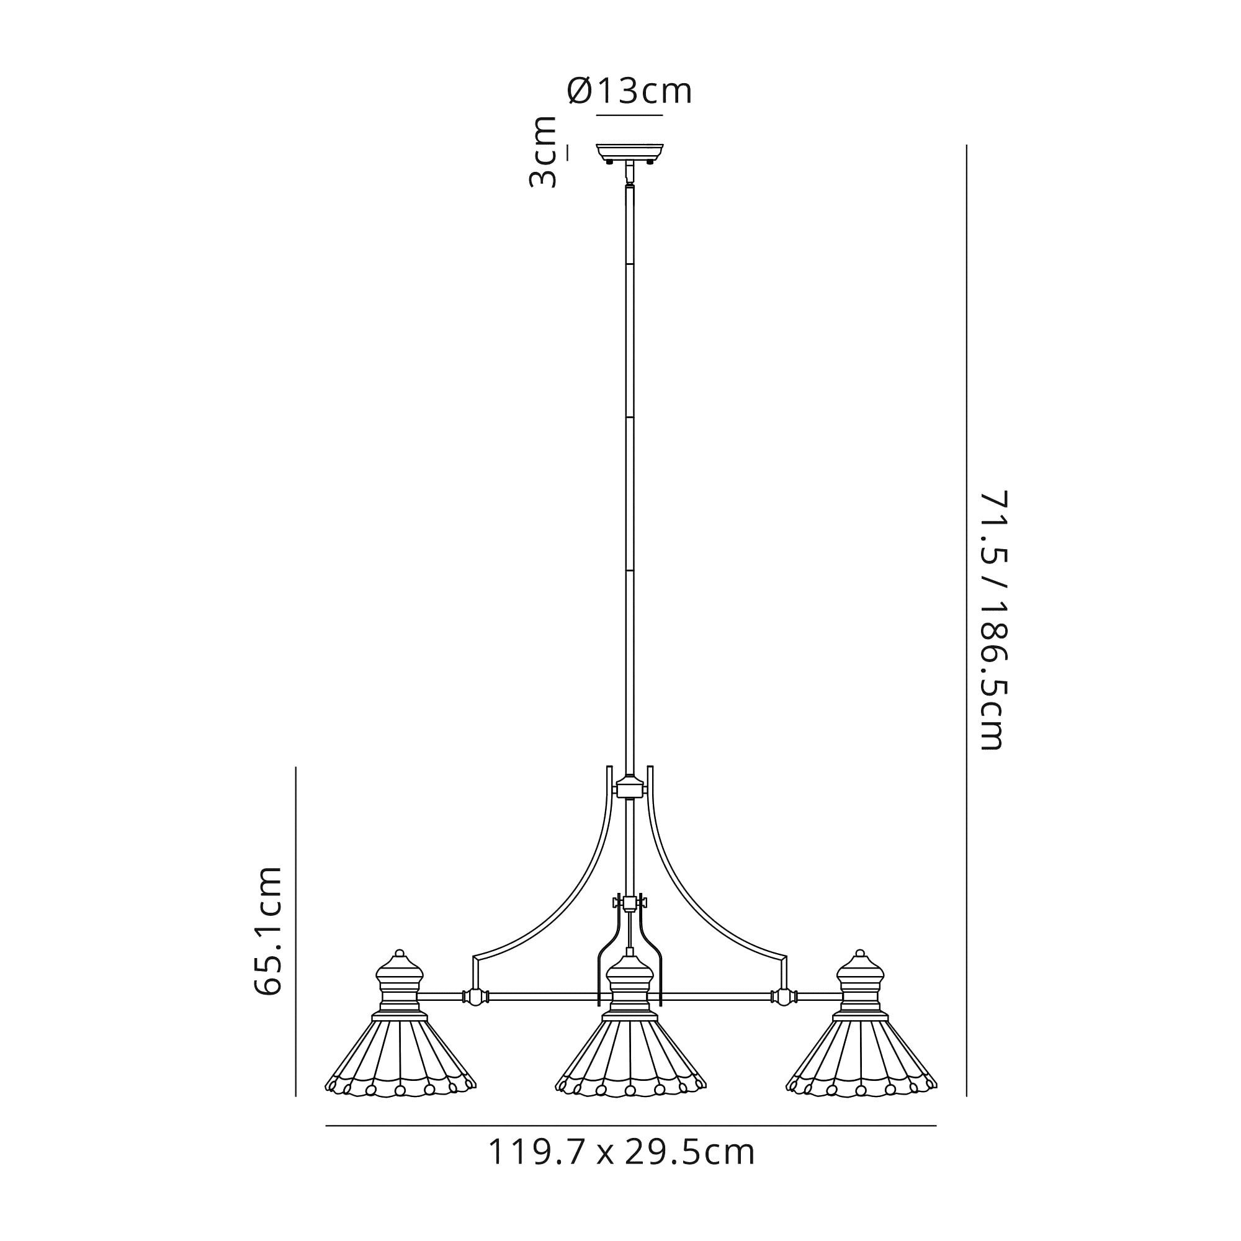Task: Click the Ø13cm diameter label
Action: point(629,92)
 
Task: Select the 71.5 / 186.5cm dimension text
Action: point(992,620)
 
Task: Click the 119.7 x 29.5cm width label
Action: point(621,1153)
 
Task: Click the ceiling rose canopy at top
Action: point(629,152)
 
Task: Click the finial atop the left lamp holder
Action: point(400,954)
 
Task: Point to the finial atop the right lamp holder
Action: point(861,954)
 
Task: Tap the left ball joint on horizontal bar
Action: point(475,998)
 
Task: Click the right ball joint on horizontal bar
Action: point(784,998)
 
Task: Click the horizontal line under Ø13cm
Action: point(629,115)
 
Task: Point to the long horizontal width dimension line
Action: point(630,1126)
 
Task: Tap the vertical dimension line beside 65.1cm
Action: point(295,931)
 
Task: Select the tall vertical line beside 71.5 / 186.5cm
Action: point(967,620)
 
